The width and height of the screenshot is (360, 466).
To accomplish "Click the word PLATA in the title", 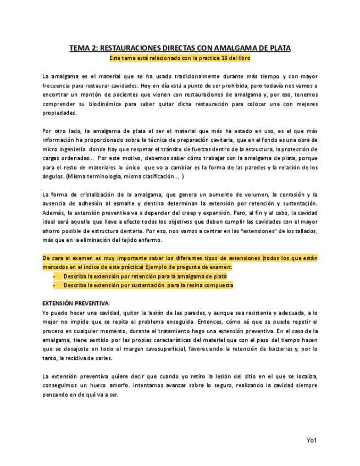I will pos(278,48).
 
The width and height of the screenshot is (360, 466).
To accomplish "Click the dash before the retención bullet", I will pos(54,276).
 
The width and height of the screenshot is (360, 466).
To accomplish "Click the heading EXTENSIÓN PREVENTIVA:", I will pos(76,303).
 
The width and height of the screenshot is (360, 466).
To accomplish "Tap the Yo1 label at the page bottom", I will pos(312,440).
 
